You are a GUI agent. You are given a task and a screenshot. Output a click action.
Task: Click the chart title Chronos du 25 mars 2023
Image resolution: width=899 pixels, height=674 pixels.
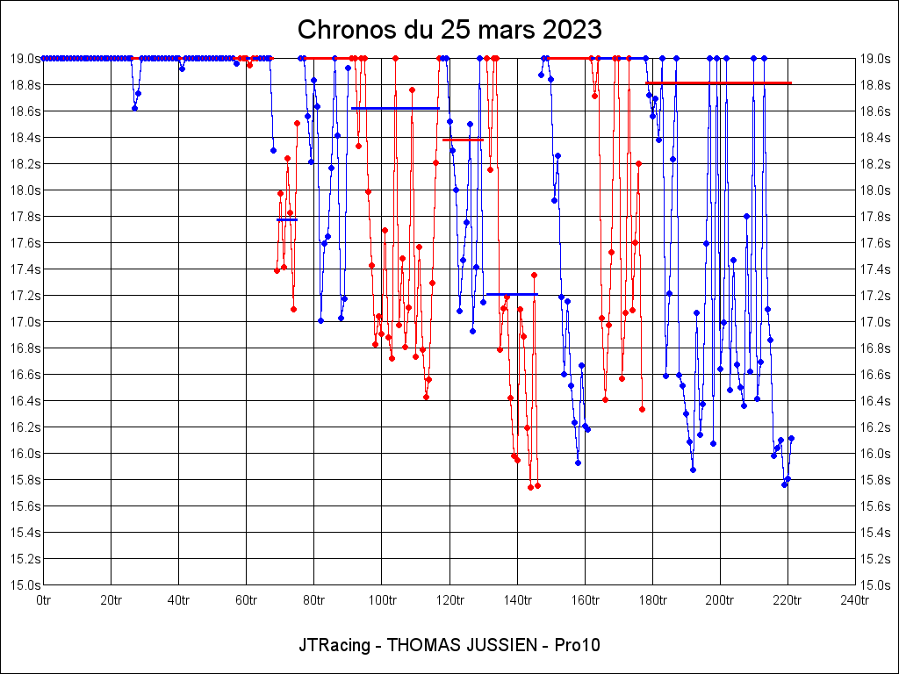(x=449, y=29)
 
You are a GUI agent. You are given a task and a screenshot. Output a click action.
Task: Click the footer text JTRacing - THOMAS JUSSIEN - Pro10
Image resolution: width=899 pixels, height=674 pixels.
(x=449, y=645)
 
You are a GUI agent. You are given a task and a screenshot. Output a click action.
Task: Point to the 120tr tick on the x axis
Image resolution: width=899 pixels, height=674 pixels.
(x=449, y=600)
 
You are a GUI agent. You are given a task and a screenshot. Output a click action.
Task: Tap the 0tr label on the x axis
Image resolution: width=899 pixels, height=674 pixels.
(x=44, y=600)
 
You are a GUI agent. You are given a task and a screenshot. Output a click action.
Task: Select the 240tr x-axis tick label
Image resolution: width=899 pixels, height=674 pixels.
(x=854, y=600)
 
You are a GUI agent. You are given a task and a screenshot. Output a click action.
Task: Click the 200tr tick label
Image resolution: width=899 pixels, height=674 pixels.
(x=720, y=600)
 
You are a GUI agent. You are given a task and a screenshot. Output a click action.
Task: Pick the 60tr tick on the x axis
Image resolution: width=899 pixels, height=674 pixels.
(x=247, y=600)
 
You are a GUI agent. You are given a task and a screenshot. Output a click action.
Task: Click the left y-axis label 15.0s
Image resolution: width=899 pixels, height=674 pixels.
(x=25, y=584)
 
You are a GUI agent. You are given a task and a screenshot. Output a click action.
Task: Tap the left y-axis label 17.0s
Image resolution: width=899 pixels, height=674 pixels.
(x=25, y=321)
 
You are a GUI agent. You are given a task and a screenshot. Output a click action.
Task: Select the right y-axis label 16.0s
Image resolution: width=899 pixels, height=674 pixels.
(x=874, y=453)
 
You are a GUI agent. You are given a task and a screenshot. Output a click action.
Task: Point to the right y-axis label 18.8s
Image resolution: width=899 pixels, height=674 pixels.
(x=874, y=84)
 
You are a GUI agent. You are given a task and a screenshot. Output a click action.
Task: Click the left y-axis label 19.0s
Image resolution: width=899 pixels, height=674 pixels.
(x=25, y=58)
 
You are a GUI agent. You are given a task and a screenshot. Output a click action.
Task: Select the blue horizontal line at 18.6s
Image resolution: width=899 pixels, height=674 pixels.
(x=395, y=108)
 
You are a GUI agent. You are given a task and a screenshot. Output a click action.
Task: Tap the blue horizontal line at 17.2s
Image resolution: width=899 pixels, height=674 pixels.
(x=511, y=294)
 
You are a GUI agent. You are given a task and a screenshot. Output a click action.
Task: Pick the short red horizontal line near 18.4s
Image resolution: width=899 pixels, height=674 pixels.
(x=463, y=140)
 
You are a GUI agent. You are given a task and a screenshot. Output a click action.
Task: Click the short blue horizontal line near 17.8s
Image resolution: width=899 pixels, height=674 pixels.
(x=287, y=219)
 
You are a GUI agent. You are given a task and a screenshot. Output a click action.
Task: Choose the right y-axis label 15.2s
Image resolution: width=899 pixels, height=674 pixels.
(x=874, y=558)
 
